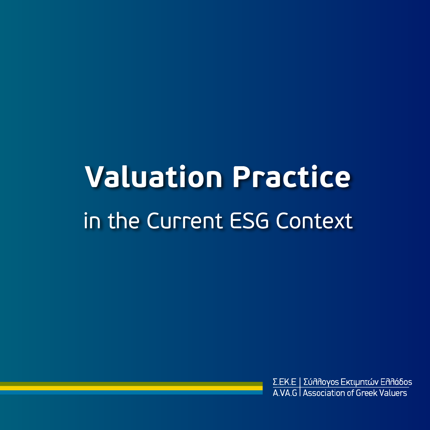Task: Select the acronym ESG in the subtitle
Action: coord(249,221)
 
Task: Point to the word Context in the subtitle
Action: coord(315,221)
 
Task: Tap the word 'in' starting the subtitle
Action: coord(92,221)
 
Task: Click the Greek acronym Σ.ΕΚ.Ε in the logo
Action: coord(284,382)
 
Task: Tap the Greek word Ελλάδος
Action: coord(396,382)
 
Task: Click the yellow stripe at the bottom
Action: coord(131,388)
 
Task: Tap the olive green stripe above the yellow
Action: coord(131,384)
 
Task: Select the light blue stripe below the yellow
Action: coord(131,392)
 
